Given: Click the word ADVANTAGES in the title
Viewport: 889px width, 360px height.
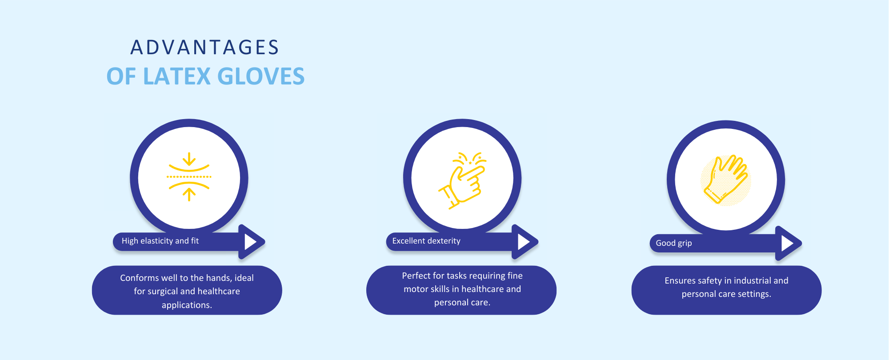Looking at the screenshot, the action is [x=204, y=48].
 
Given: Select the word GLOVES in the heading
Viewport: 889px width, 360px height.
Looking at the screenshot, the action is [x=261, y=76].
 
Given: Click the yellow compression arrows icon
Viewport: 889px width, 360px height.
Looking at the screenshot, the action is [x=189, y=177].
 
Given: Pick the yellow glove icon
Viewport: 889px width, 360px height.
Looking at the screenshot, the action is [x=726, y=180].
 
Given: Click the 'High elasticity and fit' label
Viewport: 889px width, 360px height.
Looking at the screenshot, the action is [x=160, y=241].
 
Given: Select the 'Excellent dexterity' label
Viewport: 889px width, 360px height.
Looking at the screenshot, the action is [x=426, y=241].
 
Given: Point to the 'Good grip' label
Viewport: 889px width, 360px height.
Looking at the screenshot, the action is [x=674, y=243].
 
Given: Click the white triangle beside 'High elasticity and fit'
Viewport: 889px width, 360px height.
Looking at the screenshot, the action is [x=250, y=242].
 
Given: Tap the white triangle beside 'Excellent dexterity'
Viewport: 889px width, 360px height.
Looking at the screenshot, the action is [x=523, y=242].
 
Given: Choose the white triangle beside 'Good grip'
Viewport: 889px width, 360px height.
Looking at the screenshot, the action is [x=787, y=243].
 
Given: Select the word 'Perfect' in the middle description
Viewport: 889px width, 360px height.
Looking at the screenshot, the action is [x=416, y=276].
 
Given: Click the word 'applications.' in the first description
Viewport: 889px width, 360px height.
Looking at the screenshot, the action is [x=187, y=305].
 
